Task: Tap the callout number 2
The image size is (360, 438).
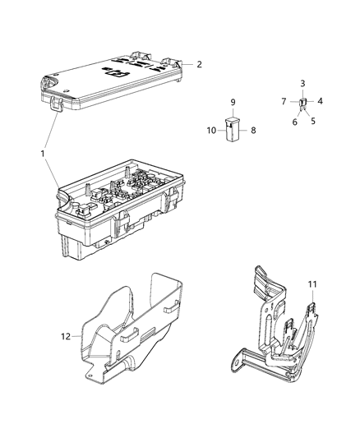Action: [198, 63]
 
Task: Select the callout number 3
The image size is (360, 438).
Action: [302, 85]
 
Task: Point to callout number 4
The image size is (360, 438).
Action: [321, 102]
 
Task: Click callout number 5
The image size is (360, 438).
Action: [313, 120]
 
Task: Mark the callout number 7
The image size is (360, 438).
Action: [284, 102]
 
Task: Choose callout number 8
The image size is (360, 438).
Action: [253, 130]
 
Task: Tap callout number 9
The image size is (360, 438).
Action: [233, 102]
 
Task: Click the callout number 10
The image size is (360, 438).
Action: [211, 130]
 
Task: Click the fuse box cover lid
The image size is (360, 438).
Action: [115, 78]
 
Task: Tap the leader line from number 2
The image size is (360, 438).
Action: [187, 62]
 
